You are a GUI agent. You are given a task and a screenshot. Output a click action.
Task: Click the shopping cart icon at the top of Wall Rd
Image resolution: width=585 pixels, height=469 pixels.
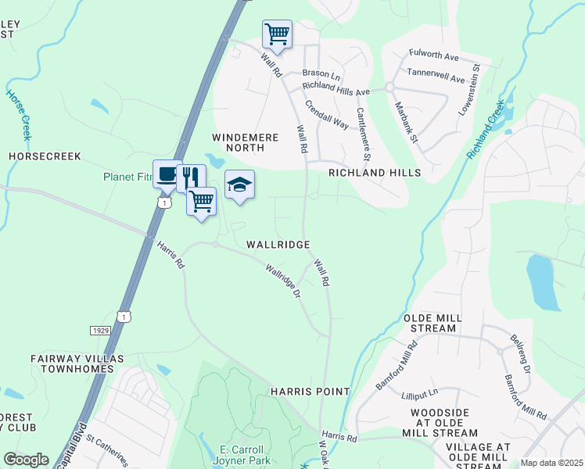click(277, 34)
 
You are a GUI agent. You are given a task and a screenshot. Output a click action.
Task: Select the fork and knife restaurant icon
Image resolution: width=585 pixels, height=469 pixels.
click(190, 178)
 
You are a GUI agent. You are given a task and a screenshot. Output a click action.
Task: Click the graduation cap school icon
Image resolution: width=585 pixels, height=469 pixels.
click(239, 184)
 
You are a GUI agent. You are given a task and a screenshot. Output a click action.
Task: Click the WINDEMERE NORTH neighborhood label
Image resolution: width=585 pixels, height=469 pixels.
click(241, 142)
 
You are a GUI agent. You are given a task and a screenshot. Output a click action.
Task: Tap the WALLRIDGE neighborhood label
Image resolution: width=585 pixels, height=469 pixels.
click(278, 245)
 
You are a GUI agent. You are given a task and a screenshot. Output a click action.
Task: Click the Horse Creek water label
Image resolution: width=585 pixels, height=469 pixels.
click(19, 114)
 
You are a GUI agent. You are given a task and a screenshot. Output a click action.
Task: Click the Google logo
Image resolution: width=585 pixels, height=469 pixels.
click(26, 460)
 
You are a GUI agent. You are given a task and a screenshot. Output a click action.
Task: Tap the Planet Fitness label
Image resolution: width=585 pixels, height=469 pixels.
click(128, 177)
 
